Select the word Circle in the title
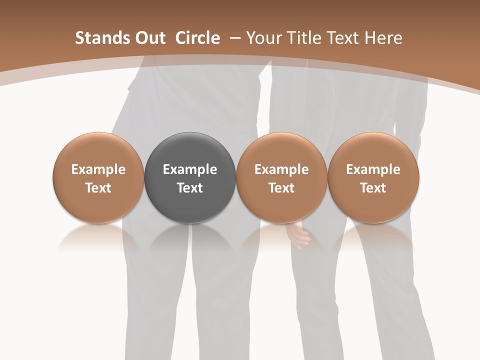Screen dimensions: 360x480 click(x=197, y=38)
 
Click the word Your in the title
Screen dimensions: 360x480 click(x=263, y=38)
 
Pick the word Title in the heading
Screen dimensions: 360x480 click(x=301, y=38)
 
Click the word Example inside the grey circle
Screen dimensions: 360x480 click(x=190, y=169)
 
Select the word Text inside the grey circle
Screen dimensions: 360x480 click(x=190, y=188)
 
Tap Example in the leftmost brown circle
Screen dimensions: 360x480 click(x=98, y=169)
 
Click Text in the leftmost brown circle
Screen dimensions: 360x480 click(x=98, y=188)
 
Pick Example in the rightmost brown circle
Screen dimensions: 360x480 click(x=373, y=169)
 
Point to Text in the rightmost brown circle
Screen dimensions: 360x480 click(x=373, y=188)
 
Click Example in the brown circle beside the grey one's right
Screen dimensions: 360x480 click(x=281, y=169)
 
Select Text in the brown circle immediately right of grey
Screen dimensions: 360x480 click(x=281, y=188)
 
